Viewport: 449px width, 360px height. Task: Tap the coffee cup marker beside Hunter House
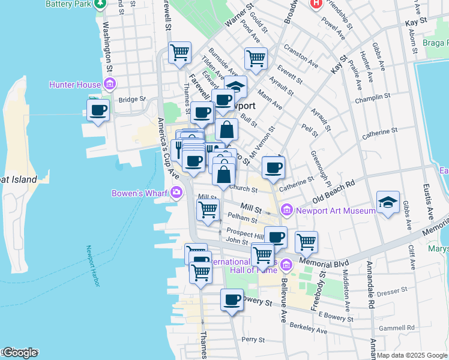tap(98, 110)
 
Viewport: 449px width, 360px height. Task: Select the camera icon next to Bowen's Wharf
tap(177, 193)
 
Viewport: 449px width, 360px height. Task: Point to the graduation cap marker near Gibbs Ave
tap(388, 203)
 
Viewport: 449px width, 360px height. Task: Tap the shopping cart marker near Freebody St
tap(306, 242)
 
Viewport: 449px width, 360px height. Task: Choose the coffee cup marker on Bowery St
tap(232, 300)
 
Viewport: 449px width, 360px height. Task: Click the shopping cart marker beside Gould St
tap(256, 59)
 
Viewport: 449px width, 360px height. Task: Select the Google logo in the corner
tap(20, 353)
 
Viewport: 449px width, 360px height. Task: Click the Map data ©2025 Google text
tap(412, 355)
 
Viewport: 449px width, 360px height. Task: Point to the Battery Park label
tap(68, 4)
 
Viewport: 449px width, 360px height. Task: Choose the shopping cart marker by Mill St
tap(208, 210)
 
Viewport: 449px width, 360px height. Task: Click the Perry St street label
tap(253, 340)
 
